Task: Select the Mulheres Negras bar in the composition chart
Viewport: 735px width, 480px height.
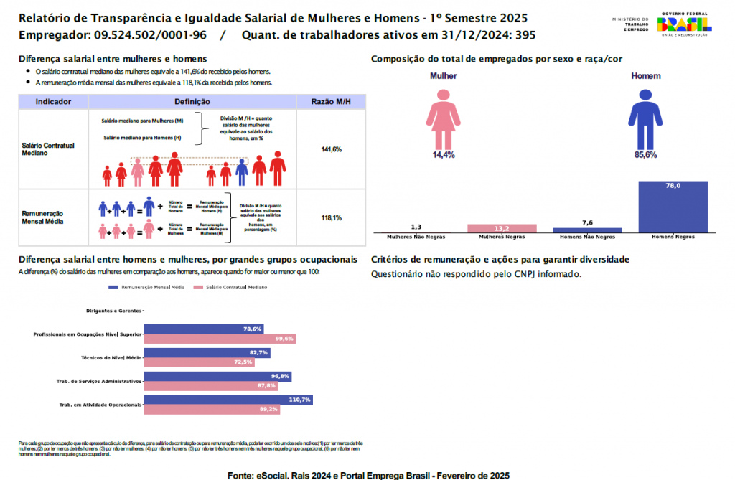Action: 502,229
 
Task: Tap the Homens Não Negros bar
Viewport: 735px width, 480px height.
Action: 587,230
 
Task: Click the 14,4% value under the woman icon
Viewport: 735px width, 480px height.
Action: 444,155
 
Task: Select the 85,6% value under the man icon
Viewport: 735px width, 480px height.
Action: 645,155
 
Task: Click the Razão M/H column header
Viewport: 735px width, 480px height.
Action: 331,102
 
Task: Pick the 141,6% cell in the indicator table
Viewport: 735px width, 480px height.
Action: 331,149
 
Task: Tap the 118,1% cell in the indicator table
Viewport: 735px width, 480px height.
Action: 331,217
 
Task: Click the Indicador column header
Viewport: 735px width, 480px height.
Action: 53,102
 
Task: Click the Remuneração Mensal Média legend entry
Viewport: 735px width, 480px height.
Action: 146,287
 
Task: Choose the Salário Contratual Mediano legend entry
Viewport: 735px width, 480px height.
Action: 233,287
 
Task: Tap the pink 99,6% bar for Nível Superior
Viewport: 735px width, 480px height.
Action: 220,339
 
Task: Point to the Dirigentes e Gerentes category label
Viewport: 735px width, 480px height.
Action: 113,311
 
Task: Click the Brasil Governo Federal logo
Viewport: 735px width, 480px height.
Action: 685,26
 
